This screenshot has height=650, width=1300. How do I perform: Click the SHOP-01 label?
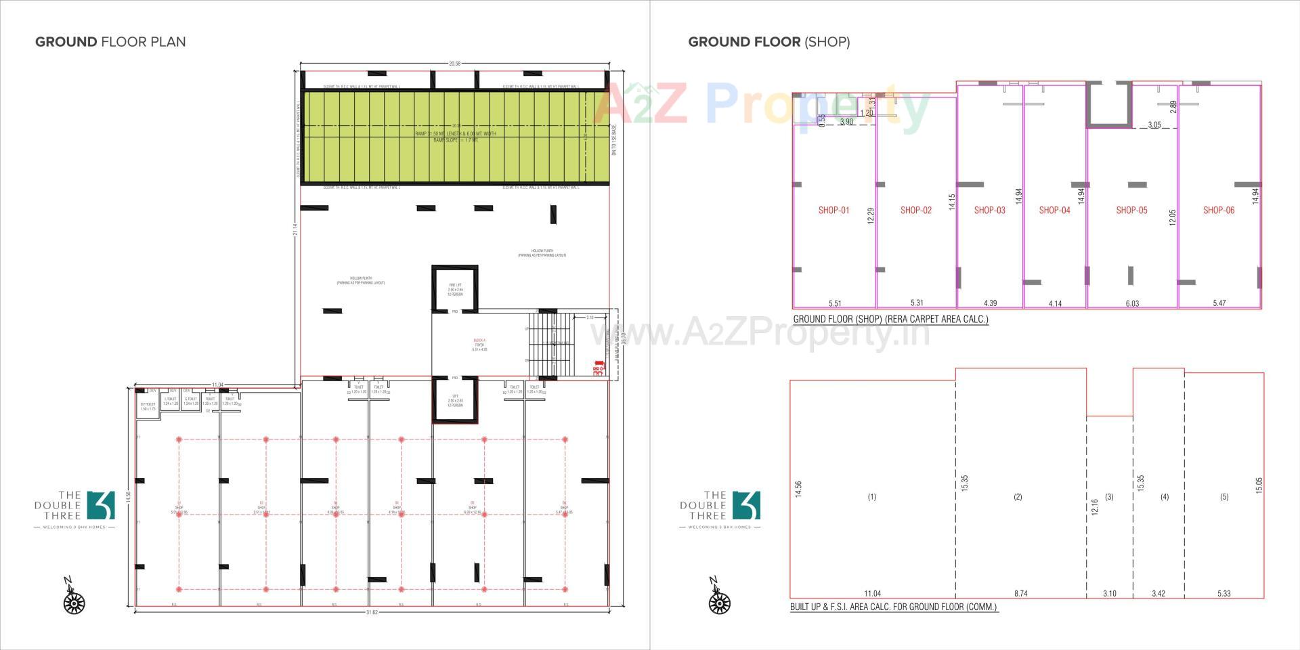pos(833,211)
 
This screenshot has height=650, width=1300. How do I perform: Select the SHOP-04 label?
pos(1054,211)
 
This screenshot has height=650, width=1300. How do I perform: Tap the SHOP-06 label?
pos(1219,211)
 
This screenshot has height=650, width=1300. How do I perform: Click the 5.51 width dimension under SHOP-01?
pos(835,304)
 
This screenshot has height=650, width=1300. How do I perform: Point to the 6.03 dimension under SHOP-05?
pos(1132,304)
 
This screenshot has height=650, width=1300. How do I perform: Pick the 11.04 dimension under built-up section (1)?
pos(872,594)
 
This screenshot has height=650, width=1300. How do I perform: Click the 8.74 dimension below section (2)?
pos(1020,594)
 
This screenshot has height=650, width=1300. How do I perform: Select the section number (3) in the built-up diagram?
pos(1109,497)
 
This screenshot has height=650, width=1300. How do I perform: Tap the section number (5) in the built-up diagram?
pos(1224,497)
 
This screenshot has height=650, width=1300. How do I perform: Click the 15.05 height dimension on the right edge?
pos(1259,485)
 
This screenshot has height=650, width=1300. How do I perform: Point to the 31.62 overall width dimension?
pos(372,612)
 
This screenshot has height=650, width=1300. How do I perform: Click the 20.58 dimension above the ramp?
pos(454,64)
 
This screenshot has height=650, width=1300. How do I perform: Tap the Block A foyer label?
pos(479,345)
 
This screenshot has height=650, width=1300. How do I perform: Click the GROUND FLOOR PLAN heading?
pos(110,42)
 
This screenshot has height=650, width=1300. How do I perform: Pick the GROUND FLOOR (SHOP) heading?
pos(768,42)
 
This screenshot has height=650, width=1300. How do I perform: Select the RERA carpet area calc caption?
pos(890,319)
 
